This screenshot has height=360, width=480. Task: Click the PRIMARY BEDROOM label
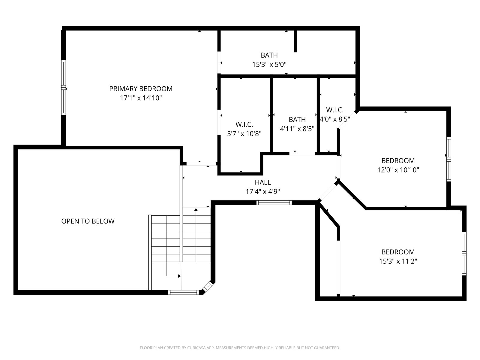tap(141, 89)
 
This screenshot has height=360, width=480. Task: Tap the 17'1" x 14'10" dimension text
tap(141, 98)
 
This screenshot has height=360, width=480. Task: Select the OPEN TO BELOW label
tap(88, 221)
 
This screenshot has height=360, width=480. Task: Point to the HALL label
tap(263, 182)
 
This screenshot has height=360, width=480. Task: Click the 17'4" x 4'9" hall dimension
tap(263, 192)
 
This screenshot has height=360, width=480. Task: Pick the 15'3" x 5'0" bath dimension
tap(269, 65)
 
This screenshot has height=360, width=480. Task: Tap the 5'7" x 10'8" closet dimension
tap(244, 134)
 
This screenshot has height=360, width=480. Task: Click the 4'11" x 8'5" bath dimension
tap(297, 129)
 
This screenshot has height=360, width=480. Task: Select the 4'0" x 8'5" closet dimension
tap(335, 119)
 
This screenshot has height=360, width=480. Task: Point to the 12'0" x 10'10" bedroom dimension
tap(398, 170)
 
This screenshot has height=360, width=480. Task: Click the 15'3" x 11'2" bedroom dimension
tap(398, 261)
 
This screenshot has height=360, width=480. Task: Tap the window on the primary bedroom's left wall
tap(63, 87)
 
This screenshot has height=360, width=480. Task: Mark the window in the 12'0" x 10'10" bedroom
tap(449, 159)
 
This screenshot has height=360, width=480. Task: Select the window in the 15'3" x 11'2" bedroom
tap(464, 253)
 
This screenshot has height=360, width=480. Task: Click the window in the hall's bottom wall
tap(274, 202)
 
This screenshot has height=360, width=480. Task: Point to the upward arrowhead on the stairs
tap(196, 210)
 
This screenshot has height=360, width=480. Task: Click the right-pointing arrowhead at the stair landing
tap(179, 276)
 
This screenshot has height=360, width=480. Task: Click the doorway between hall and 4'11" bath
tap(302, 154)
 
